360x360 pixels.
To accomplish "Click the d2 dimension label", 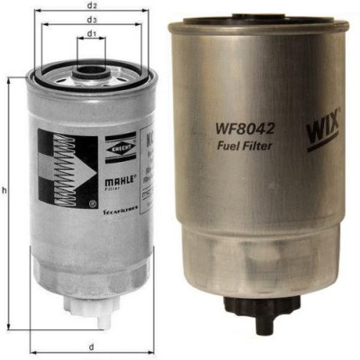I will pos(92,6).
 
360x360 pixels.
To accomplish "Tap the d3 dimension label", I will pos(92,19).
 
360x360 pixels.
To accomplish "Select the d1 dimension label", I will pos(92,34).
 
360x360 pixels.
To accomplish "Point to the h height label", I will pos(5,192).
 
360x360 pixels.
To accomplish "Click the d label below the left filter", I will pos(92,345).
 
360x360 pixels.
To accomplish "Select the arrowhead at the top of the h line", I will pos(11,79).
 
